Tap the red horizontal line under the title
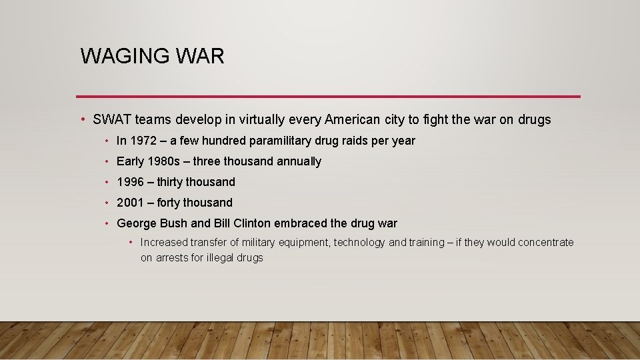tap(328, 97)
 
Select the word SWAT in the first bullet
tap(112, 120)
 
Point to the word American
tap(353, 120)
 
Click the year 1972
tap(144, 141)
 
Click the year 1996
tap(130, 182)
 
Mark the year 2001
tap(130, 203)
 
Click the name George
tap(137, 223)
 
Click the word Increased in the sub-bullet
tap(164, 243)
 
